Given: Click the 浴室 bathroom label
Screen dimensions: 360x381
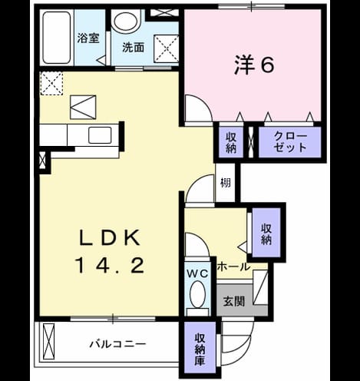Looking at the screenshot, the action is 88,38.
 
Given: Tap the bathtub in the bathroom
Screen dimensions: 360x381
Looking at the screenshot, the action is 57,38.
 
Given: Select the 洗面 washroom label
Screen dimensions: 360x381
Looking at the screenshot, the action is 133,48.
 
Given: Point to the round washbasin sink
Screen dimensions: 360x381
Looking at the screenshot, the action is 127,22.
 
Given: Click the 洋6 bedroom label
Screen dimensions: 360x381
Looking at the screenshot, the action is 254,65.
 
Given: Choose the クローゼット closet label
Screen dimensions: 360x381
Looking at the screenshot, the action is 290,142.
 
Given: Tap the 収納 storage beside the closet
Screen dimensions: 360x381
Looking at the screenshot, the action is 231,143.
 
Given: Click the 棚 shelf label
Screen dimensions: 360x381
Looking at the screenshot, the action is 226,183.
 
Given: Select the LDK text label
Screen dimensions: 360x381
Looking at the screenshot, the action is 111,238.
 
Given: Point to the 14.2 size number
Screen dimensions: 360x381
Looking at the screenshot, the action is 111,266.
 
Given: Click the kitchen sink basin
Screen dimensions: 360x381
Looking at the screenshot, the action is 100,135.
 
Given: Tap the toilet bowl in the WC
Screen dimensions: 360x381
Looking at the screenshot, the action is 198,294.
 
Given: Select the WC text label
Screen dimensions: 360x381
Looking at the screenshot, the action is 197,273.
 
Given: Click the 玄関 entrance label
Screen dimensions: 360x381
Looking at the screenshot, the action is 234,301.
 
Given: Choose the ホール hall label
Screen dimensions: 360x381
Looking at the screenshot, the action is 233,267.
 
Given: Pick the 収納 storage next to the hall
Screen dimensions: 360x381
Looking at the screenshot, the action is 266,234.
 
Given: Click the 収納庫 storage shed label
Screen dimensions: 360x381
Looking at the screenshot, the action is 200,350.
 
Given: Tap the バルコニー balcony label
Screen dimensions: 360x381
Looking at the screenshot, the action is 118,344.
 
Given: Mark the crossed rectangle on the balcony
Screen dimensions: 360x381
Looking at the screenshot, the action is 48,342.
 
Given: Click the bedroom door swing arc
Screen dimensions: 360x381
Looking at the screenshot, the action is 205,104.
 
